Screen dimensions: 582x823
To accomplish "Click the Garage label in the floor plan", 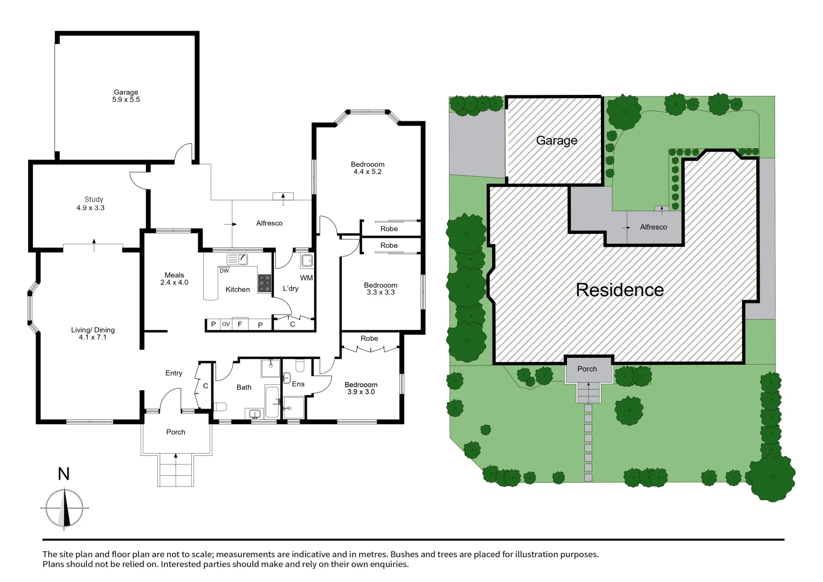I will (x=126, y=95).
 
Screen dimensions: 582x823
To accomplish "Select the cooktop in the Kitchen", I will (x=264, y=283).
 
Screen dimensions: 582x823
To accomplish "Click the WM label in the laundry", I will (x=306, y=278).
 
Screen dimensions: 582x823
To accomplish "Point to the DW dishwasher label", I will (x=224, y=271).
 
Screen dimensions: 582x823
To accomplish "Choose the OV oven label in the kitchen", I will (x=226, y=324).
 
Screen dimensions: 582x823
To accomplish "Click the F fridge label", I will (x=240, y=324).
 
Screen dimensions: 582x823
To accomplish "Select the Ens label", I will (x=298, y=384).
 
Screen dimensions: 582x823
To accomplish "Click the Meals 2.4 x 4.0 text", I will (x=174, y=279).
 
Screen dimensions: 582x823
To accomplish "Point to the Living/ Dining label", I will (x=93, y=333).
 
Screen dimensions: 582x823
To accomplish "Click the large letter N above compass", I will (x=64, y=474).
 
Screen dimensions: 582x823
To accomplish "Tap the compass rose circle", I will (x=65, y=508).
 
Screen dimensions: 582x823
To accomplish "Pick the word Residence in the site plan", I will (x=619, y=290).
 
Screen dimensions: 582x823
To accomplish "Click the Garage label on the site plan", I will (x=556, y=141).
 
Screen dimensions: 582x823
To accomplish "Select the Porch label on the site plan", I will (x=587, y=369).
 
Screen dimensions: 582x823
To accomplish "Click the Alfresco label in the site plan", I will (x=653, y=227).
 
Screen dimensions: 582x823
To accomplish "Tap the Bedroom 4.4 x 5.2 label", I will (x=368, y=168).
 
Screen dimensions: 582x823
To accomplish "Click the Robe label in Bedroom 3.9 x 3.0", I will (x=369, y=338).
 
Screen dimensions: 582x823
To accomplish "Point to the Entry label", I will (x=174, y=373).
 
